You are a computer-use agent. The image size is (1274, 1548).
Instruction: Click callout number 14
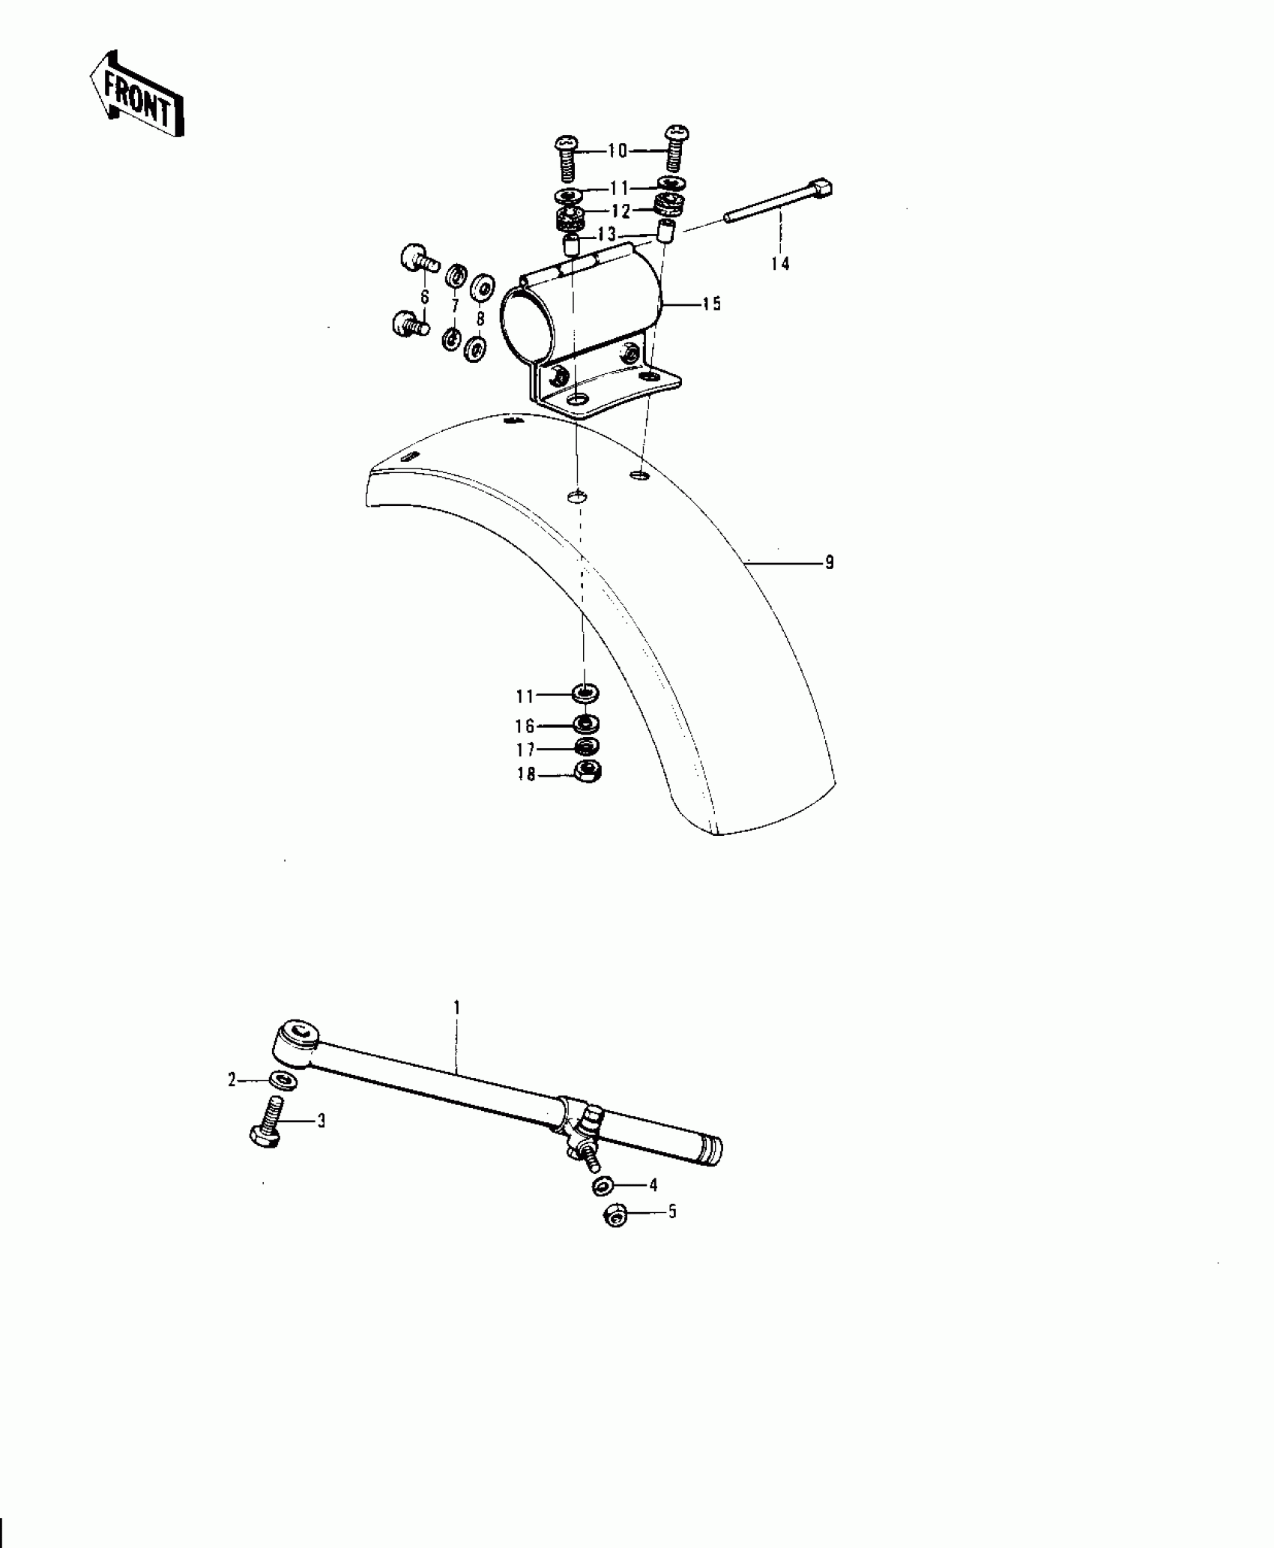pos(780,263)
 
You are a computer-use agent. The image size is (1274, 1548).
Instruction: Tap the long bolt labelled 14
pos(779,202)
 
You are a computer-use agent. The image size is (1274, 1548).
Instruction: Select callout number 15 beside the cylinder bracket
pos(711,304)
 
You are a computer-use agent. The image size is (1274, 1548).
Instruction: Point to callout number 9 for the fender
pos(830,562)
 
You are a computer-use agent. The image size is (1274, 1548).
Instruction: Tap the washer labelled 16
pos(585,724)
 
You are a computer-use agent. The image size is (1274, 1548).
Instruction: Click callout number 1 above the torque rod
pos(456,1007)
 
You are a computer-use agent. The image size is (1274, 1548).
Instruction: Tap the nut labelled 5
pos(615,1217)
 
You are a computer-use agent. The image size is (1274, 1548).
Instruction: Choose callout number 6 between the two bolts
pos(425,298)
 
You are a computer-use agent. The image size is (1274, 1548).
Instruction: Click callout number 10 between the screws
pos(617,151)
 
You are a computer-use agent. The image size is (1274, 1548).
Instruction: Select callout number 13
pos(606,235)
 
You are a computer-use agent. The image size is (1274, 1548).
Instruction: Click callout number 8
pos(480,319)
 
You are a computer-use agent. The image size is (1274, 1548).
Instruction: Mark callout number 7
pos(454,307)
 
